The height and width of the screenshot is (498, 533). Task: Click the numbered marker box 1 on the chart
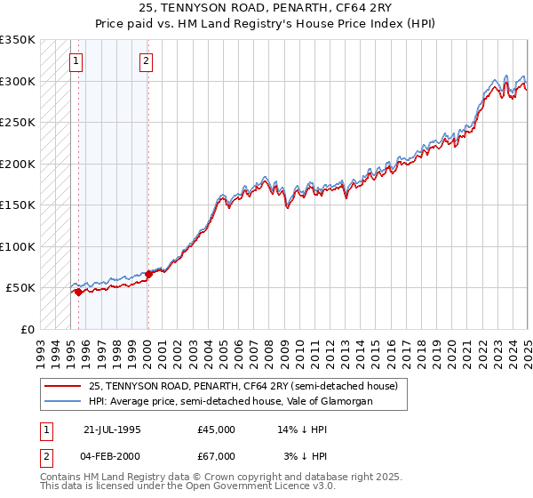click(x=76, y=61)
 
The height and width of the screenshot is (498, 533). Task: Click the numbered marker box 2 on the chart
click(x=146, y=61)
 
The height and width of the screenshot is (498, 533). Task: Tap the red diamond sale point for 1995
click(x=78, y=292)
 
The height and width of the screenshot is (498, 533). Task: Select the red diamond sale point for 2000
click(x=148, y=274)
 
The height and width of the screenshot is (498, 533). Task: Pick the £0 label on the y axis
click(x=27, y=329)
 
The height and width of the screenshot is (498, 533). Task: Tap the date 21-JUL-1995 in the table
click(x=112, y=430)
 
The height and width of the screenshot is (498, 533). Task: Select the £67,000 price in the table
click(x=217, y=456)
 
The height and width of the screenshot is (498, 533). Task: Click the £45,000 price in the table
click(x=217, y=430)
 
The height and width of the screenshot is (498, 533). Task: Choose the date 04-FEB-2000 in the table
click(x=112, y=456)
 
